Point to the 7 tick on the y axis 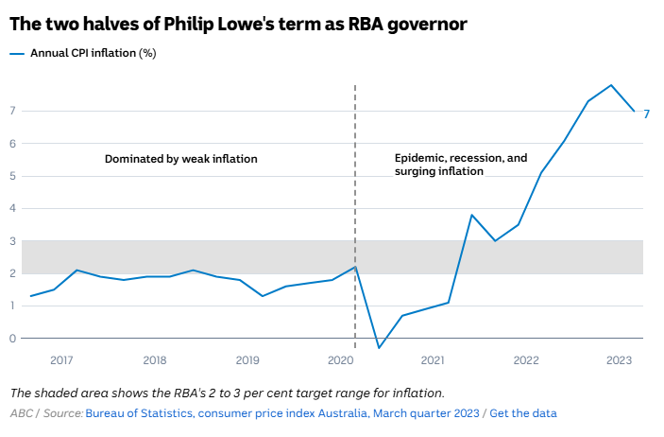[x=13, y=112]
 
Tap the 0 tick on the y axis [x=13, y=339]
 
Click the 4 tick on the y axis [x=13, y=209]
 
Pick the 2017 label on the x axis [x=62, y=360]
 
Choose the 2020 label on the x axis [x=340, y=360]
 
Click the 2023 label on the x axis [x=619, y=360]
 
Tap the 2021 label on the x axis [x=433, y=360]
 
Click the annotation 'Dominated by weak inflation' [x=180, y=159]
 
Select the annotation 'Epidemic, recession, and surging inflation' [x=460, y=165]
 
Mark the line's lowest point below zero [x=379, y=348]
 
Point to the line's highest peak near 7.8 [x=611, y=85]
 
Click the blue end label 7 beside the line [x=647, y=114]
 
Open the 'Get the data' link [x=523, y=413]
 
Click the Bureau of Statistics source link [x=282, y=413]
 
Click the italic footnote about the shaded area [x=227, y=393]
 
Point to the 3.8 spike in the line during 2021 [x=471, y=215]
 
